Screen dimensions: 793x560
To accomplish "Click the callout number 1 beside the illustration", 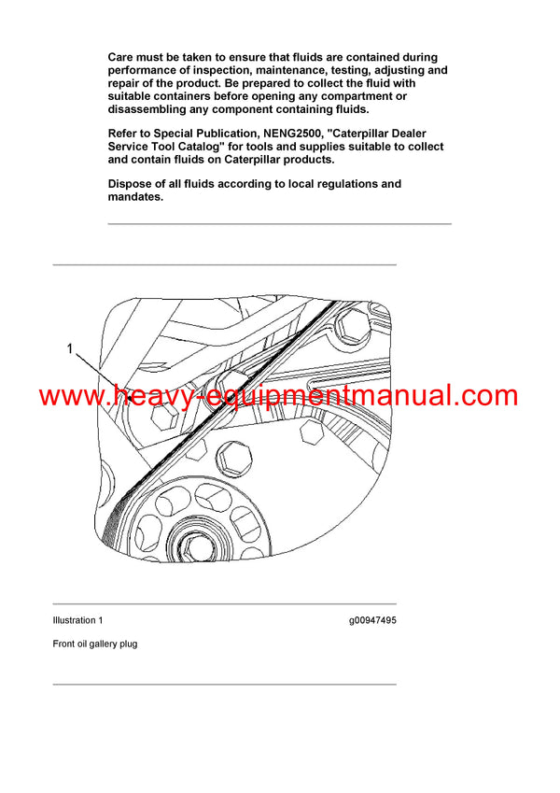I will (x=70, y=349).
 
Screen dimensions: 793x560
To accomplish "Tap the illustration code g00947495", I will (x=372, y=620).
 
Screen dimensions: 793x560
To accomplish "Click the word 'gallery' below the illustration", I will (x=98, y=644).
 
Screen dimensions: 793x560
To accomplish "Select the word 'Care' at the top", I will (x=123, y=58).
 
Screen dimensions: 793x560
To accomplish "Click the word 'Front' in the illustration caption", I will (x=65, y=644).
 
